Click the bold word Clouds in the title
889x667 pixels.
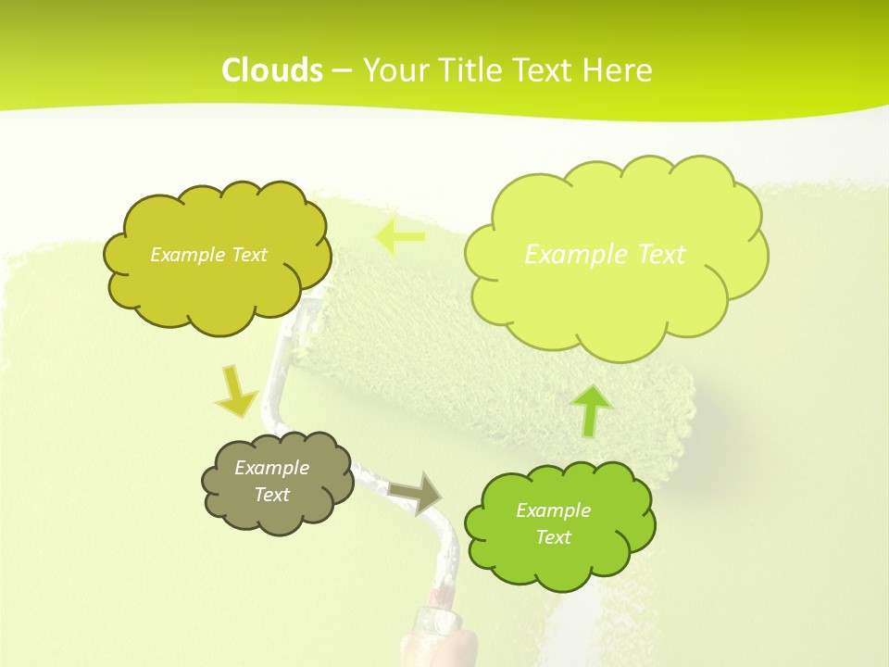[x=272, y=70]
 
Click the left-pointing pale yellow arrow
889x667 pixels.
[x=399, y=237]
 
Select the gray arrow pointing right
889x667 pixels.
[x=416, y=492]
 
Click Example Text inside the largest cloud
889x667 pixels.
[x=605, y=254]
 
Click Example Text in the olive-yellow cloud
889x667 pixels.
[x=208, y=255]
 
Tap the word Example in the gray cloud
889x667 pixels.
[x=271, y=468]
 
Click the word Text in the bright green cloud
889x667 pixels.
[x=553, y=537]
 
